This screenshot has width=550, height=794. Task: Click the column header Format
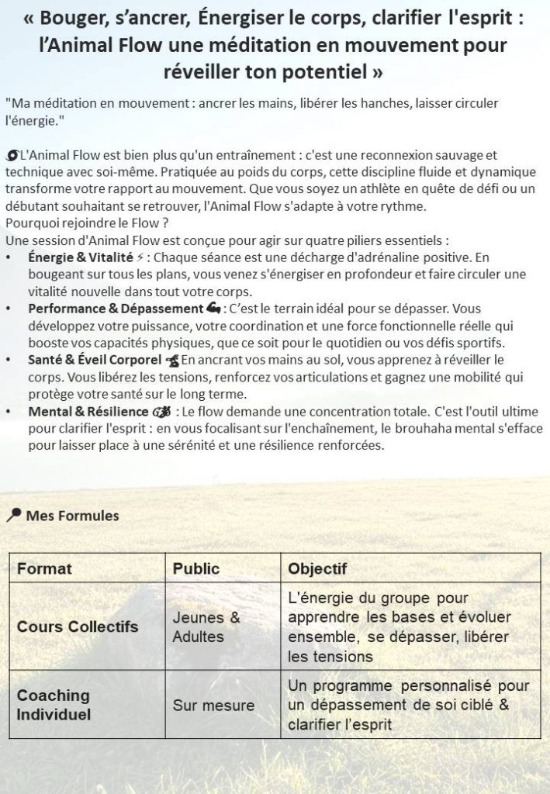[x=44, y=568]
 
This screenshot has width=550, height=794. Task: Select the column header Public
[x=196, y=568]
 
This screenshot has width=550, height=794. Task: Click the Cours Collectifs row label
[x=78, y=627]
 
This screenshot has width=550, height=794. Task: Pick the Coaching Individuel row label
[x=54, y=704]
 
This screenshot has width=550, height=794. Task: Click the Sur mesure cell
[x=202, y=706]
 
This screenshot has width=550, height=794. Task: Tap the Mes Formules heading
[x=72, y=515]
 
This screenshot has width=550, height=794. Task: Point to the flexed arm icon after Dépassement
[x=214, y=309]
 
